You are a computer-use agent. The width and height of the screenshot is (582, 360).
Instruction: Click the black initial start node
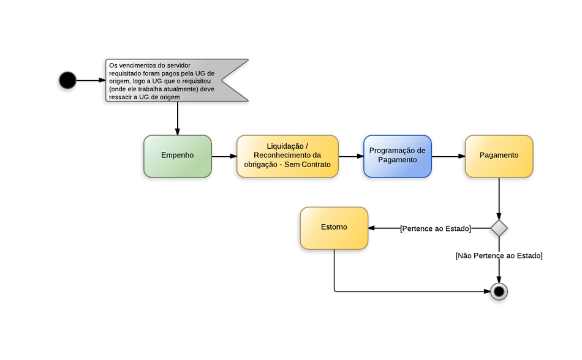pos(67,80)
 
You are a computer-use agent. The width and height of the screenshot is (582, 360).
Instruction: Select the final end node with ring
pos(499,291)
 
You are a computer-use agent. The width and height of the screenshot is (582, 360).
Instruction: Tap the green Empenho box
pos(178,156)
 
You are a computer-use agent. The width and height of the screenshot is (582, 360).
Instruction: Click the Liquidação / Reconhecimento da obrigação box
pos(287,156)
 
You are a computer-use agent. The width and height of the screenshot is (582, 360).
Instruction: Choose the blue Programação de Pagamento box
pos(397,156)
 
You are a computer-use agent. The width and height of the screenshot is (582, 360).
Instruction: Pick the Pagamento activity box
pos(499,156)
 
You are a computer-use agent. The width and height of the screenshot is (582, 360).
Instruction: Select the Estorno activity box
pos(334,228)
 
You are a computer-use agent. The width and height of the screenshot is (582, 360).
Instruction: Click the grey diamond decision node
pos(499,228)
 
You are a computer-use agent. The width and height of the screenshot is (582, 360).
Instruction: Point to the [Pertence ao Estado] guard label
pos(435,228)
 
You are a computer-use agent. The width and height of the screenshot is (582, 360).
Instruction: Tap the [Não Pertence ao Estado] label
pos(499,256)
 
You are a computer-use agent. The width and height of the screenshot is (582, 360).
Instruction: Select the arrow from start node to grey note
pos(91,80)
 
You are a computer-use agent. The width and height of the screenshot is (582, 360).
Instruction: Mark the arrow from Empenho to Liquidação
pos(224,156)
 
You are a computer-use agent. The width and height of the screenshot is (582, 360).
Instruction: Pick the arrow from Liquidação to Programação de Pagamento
pos(351,156)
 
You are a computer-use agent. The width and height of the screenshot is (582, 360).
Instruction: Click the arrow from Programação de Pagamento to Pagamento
pos(448,156)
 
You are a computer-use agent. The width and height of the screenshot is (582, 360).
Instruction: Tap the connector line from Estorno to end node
pos(404,291)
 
